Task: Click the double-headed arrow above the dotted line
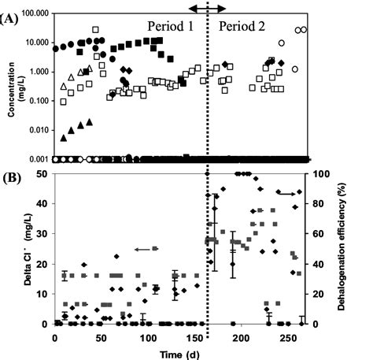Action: [x=206, y=7]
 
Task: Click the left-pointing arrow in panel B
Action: [x=143, y=249]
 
